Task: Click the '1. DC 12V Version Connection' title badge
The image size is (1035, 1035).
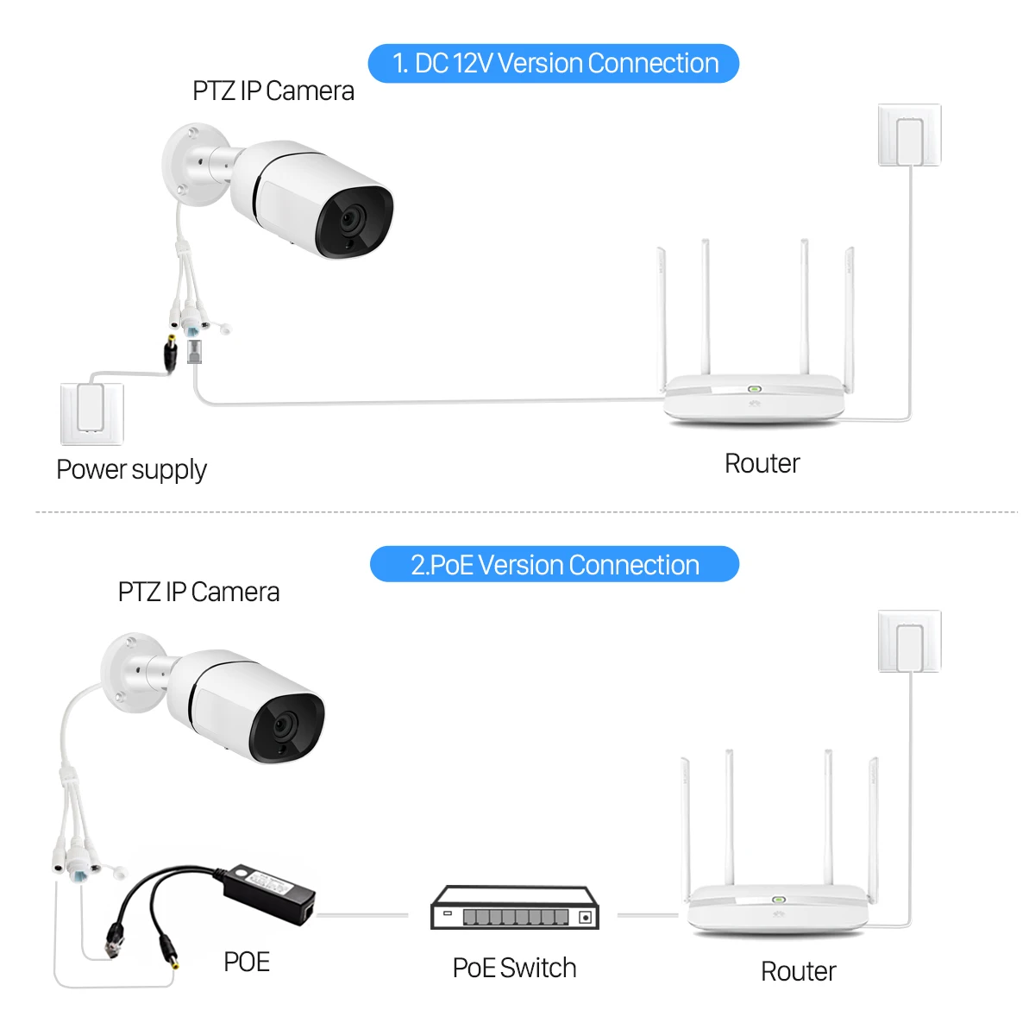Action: click(x=554, y=64)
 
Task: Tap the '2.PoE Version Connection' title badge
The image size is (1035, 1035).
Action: click(x=554, y=565)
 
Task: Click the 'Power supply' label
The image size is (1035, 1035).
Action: click(x=131, y=470)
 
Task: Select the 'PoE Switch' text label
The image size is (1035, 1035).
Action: click(x=514, y=968)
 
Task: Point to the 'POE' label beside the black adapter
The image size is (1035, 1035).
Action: click(x=247, y=962)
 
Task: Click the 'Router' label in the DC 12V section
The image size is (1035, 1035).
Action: click(x=762, y=464)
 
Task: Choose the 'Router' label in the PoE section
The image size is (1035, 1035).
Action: click(x=798, y=971)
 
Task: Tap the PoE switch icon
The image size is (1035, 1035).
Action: click(x=514, y=908)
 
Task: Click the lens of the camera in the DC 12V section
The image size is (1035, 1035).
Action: click(x=350, y=221)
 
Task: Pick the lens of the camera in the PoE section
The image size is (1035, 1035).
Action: click(x=285, y=726)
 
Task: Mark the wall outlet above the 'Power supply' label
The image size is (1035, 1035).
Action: click(x=91, y=412)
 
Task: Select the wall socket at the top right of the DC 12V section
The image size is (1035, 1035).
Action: click(x=909, y=135)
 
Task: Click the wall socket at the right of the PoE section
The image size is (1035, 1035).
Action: click(x=909, y=642)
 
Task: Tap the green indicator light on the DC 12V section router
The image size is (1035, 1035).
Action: click(x=753, y=389)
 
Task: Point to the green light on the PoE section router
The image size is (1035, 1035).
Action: click(x=778, y=900)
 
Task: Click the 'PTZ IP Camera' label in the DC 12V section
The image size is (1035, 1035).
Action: click(x=273, y=91)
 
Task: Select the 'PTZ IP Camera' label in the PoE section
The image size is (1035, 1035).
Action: click(x=198, y=593)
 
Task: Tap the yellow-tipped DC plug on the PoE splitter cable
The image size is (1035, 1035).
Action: click(x=167, y=952)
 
